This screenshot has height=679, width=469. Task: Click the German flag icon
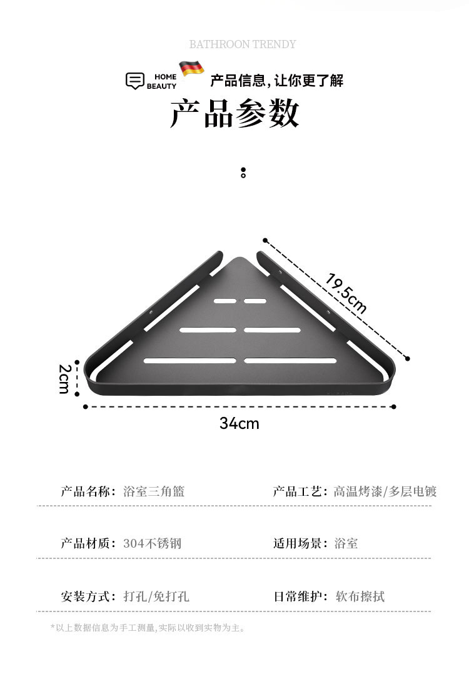point(192,68)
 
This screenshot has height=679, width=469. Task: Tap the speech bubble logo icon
point(135,81)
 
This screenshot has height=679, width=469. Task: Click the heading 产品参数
point(234,114)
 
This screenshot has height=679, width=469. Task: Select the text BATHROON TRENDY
point(243,44)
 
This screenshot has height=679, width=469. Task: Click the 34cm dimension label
point(239,424)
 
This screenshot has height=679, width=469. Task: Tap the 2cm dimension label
point(64,379)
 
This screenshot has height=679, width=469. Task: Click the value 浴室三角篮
point(154,491)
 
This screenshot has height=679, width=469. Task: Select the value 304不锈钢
point(152,543)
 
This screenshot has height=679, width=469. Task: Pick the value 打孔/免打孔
point(156,596)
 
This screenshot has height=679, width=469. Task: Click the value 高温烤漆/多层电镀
point(385,491)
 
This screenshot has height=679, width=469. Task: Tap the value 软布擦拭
point(360,596)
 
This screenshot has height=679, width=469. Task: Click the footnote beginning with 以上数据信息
point(149,628)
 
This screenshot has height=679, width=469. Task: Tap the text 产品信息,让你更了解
point(276,81)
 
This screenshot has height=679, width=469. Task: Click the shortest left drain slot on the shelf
point(225,301)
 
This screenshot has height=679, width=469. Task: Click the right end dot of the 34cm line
point(393,406)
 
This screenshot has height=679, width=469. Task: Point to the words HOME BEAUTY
point(161,81)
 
